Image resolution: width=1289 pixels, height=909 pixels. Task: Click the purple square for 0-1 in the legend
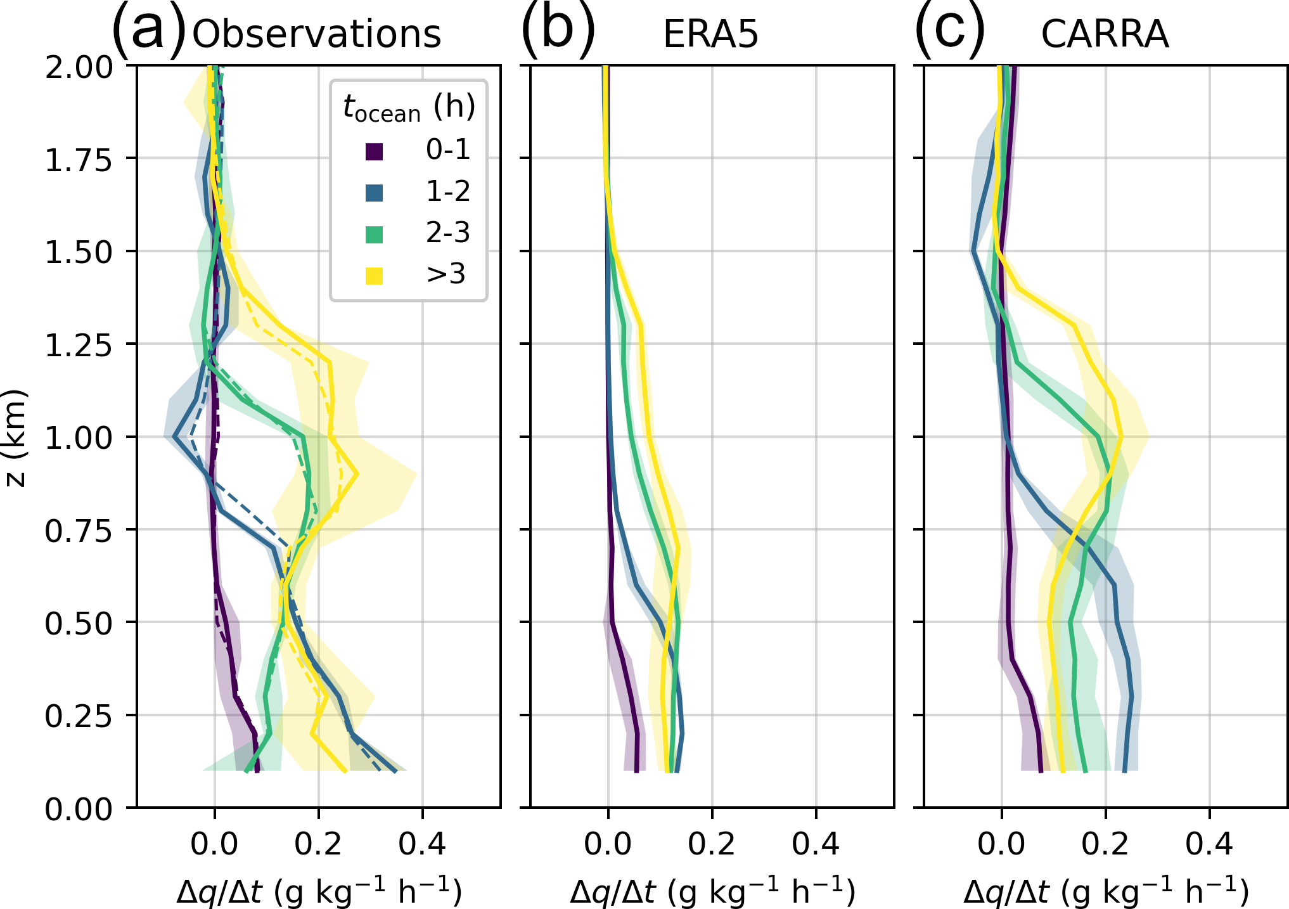click(x=375, y=151)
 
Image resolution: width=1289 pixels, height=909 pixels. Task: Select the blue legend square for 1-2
click(x=375, y=193)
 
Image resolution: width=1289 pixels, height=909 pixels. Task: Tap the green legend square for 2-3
click(x=375, y=235)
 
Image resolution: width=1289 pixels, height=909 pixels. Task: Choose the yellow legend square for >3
click(x=375, y=276)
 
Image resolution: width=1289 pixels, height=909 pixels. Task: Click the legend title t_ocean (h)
click(x=409, y=108)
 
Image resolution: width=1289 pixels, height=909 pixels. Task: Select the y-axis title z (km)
click(x=15, y=437)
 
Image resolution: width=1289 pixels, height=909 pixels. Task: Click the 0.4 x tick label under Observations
click(x=423, y=844)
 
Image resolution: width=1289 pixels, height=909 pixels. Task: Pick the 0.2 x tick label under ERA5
click(x=712, y=844)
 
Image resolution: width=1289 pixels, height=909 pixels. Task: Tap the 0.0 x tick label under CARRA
click(x=1002, y=844)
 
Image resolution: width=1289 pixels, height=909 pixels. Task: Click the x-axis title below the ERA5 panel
click(x=712, y=891)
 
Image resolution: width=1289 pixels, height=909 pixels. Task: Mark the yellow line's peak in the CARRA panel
click(x=1120, y=437)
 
